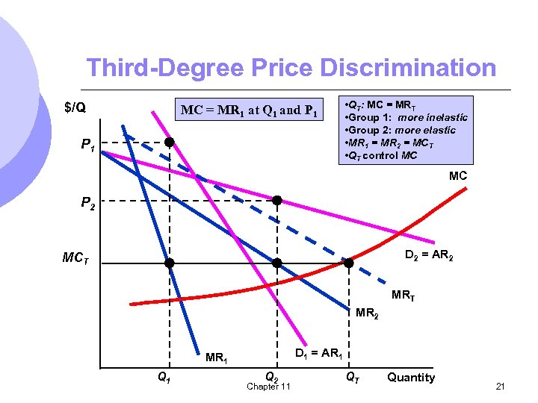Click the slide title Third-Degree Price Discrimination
point(291,68)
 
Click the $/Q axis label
point(74,107)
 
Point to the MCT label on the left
point(76,259)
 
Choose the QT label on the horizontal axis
point(351,377)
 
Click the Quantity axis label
point(410,377)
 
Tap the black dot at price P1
point(170,142)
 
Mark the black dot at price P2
point(276,200)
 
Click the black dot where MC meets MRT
point(348,263)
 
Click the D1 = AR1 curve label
point(320,352)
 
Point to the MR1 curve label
point(217,358)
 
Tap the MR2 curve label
point(367,314)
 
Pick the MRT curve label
point(403,296)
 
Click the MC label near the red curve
point(458,176)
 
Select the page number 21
point(501,386)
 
